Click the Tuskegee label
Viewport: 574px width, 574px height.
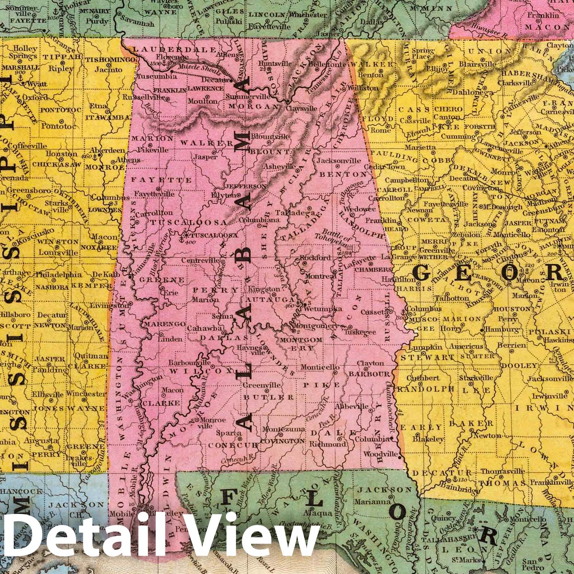pos(364,332)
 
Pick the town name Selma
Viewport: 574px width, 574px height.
pos(219,317)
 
